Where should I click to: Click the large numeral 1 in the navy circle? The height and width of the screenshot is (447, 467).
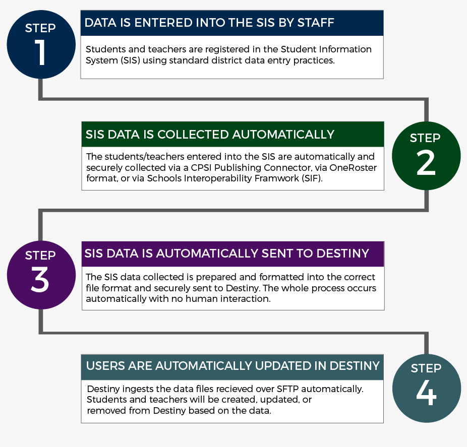tap(40, 53)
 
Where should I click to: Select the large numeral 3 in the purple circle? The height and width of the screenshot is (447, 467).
tap(40, 280)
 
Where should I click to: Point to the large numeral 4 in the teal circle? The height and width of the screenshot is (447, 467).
tap(426, 392)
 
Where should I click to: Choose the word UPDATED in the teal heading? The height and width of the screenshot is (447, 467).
tap(282, 366)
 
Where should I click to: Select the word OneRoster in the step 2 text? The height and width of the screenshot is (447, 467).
tap(353, 167)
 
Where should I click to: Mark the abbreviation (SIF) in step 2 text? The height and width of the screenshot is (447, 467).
tap(312, 178)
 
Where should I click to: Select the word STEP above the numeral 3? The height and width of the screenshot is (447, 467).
tap(40, 256)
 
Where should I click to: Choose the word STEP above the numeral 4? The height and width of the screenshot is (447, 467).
tap(426, 368)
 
